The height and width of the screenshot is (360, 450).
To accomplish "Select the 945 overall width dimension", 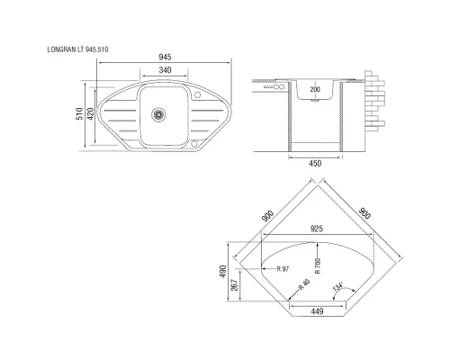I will [x=165, y=57].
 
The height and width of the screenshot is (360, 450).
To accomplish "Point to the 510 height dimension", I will [x=79, y=114].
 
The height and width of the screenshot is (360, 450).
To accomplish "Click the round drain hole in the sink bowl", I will [x=159, y=114].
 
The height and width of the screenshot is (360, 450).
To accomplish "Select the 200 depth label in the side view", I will [x=315, y=90].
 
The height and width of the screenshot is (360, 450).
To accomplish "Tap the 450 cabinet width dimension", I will [x=315, y=164].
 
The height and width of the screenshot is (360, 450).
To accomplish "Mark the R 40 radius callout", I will [x=304, y=289].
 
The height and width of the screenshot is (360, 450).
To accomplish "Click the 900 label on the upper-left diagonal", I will [x=268, y=216].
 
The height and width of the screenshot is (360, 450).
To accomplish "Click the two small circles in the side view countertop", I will [x=276, y=86].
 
